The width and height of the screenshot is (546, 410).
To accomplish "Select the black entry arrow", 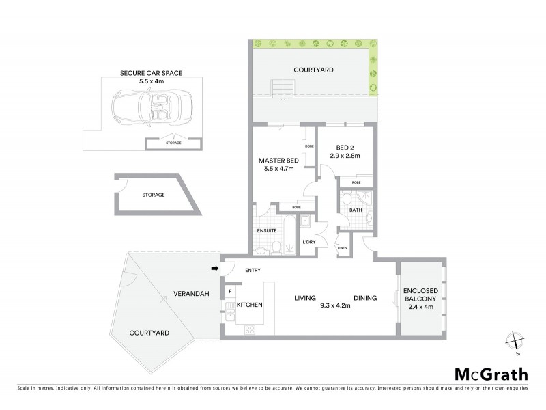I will pos(216,269).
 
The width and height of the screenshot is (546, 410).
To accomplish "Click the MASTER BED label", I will pos(276,161).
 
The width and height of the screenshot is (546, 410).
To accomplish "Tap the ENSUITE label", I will pos(266,230).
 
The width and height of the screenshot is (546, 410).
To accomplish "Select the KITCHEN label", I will pos(250,305).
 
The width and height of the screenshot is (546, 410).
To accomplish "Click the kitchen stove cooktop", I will pos(250,329).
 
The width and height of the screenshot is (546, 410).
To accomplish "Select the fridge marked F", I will pos(231,291).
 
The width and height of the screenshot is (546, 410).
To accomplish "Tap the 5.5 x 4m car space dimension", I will pos(151,81).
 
